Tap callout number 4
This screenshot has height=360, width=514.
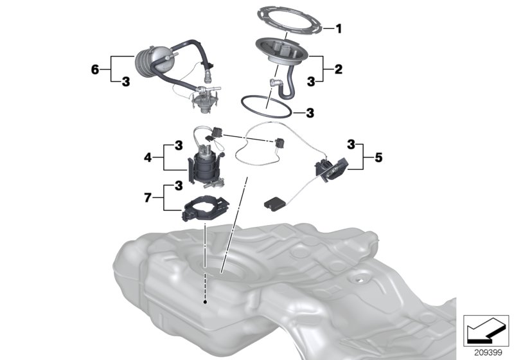(x=148, y=156)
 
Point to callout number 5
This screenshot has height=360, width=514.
(x=379, y=156)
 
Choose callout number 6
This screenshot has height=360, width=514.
(x=96, y=68)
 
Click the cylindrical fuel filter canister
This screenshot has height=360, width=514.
(x=152, y=60)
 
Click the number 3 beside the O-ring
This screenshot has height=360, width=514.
(x=310, y=112)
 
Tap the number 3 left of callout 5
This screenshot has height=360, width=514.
(x=352, y=143)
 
